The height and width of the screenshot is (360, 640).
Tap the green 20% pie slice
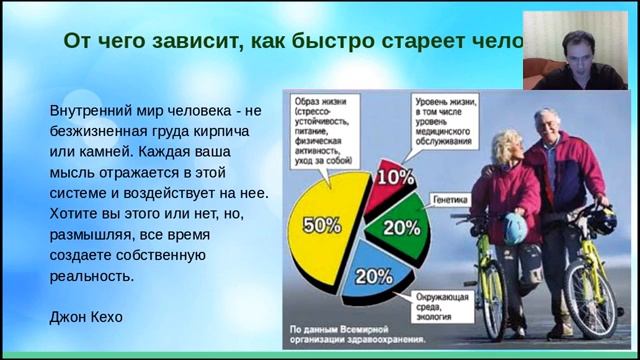[401, 226]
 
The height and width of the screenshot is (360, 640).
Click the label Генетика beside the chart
[450, 200]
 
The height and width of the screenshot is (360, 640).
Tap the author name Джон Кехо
[85, 317]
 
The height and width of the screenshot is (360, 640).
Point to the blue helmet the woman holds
[514, 227]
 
